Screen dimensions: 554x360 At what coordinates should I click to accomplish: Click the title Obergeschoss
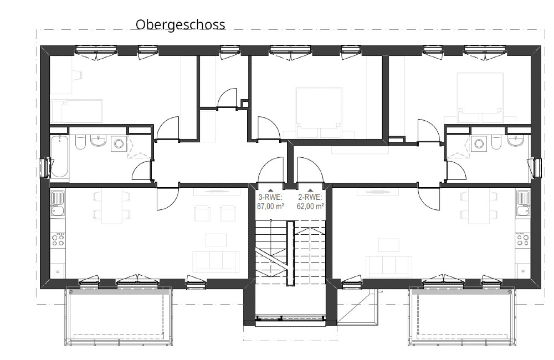pyautogui.click(x=180, y=25)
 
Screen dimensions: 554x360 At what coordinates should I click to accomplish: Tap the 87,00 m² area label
pyautogui.click(x=271, y=207)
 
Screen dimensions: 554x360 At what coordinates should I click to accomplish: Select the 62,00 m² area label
pyautogui.click(x=310, y=207)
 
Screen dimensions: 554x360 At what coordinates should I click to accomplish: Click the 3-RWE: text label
pyautogui.click(x=271, y=197)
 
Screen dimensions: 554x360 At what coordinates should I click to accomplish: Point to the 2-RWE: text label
pyautogui.click(x=310, y=197)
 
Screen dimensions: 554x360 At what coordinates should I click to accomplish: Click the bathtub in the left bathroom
pyautogui.click(x=59, y=156)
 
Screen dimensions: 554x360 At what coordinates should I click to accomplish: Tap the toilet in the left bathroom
pyautogui.click(x=80, y=143)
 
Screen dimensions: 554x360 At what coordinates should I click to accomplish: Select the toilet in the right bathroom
pyautogui.click(x=496, y=142)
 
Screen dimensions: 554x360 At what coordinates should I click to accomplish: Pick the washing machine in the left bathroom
pyautogui.click(x=119, y=143)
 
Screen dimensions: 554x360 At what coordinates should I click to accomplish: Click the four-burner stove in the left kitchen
pyautogui.click(x=58, y=239)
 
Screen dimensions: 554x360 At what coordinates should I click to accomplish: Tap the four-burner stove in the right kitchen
pyautogui.click(x=523, y=239)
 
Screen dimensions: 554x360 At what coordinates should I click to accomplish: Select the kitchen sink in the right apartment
pyautogui.click(x=523, y=203)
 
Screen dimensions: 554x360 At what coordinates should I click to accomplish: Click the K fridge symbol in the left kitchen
pyautogui.click(x=58, y=271)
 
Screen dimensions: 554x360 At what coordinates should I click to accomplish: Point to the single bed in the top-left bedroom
pyautogui.click(x=77, y=111)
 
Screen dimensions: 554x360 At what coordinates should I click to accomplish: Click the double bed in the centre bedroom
pyautogui.click(x=319, y=112)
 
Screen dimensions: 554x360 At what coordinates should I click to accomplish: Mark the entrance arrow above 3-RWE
pyautogui.click(x=271, y=190)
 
